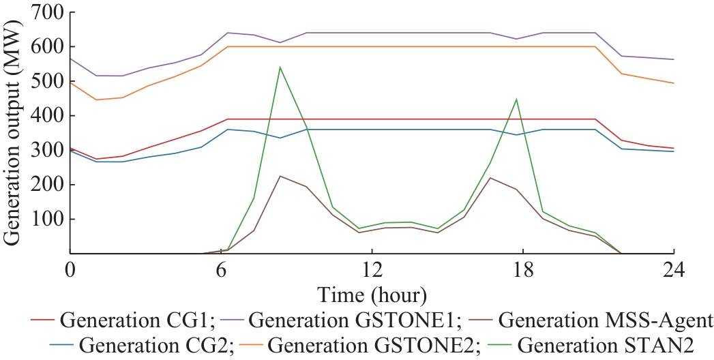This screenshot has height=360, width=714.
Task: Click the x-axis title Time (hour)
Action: [372, 295]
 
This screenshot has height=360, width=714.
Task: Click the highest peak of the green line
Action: [280, 67]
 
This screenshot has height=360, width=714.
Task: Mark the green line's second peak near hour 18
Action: [516, 100]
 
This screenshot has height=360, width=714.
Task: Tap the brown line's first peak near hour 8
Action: [280, 176]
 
